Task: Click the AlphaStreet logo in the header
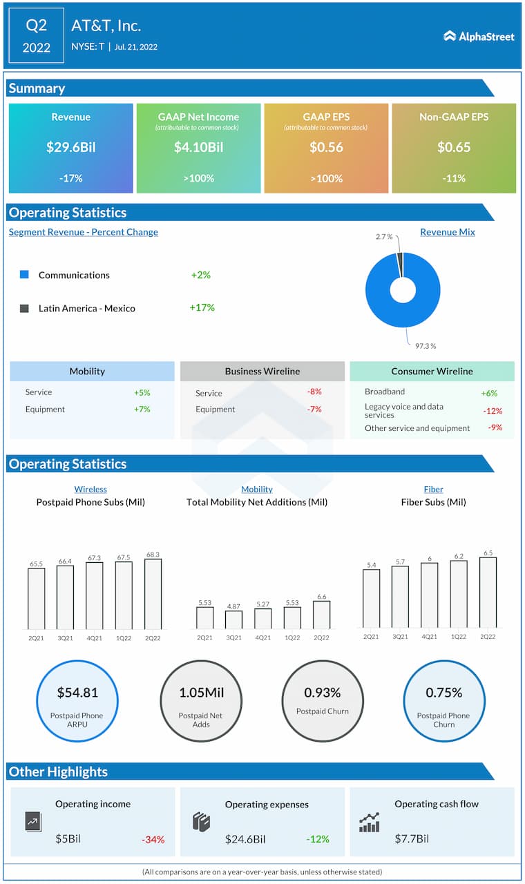479,36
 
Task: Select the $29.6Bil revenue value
70,147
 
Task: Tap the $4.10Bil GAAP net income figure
198,147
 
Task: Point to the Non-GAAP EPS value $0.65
454,147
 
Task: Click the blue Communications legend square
24,275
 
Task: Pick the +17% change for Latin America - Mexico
202,308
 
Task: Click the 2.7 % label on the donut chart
384,237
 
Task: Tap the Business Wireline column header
262,372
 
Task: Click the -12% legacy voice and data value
493,411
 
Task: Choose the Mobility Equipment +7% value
142,410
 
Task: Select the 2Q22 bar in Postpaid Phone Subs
153,594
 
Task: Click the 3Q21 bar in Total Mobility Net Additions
233,619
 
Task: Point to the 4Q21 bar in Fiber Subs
429,595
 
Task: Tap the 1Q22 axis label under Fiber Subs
458,636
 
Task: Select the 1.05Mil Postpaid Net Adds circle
202,702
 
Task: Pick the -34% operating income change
153,840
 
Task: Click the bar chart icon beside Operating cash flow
369,823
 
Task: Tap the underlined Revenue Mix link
447,232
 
